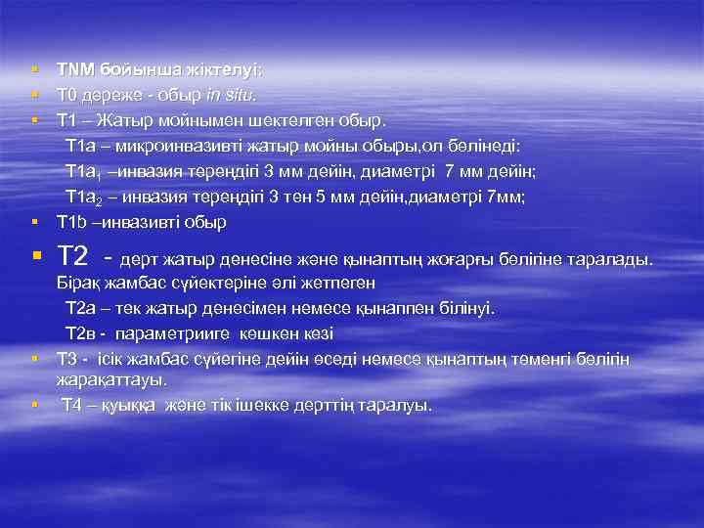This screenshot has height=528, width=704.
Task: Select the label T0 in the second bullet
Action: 68,96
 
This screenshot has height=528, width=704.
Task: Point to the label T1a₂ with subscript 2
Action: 85,198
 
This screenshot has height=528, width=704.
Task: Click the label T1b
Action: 73,223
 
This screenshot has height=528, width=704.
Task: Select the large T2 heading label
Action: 75,256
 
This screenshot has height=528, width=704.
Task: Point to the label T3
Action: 68,359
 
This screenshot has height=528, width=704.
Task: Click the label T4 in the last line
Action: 73,405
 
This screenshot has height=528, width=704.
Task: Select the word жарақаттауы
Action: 110,379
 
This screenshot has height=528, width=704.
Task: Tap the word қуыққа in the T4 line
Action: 129,405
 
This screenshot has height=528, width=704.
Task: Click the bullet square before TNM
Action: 33,70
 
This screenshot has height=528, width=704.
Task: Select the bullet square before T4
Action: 33,404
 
